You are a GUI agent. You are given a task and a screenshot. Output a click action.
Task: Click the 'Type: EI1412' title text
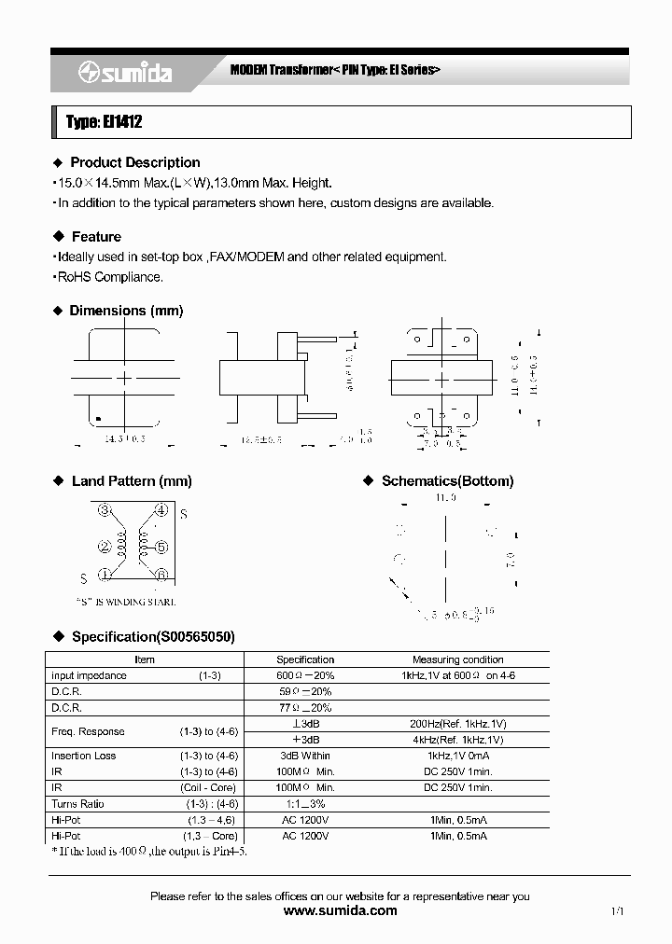pyautogui.click(x=105, y=122)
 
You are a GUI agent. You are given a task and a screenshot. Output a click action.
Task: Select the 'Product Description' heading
pyautogui.click(x=134, y=162)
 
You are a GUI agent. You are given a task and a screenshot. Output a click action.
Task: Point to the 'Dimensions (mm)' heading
pyautogui.click(x=126, y=311)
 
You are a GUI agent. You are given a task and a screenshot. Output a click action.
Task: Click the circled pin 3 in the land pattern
pyautogui.click(x=105, y=510)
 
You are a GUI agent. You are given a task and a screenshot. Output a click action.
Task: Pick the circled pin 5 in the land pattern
pyautogui.click(x=161, y=547)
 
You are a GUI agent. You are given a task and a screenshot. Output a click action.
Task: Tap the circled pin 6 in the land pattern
pyautogui.click(x=161, y=575)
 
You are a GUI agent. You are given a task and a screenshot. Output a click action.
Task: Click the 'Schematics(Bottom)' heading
pyautogui.click(x=447, y=481)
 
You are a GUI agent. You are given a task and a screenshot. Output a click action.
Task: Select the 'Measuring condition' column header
pyautogui.click(x=457, y=659)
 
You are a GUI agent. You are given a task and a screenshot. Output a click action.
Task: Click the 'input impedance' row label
pyautogui.click(x=89, y=675)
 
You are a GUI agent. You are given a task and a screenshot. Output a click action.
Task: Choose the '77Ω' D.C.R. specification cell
pyautogui.click(x=304, y=708)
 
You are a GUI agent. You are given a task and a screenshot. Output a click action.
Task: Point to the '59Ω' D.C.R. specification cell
pyautogui.click(x=304, y=692)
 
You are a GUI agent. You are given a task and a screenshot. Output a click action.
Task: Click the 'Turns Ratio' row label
pyautogui.click(x=77, y=804)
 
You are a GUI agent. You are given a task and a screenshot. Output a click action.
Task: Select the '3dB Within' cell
pyautogui.click(x=304, y=756)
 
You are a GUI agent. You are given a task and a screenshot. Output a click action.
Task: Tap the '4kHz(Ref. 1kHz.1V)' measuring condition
pyautogui.click(x=457, y=740)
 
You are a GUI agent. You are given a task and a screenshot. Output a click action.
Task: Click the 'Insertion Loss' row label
pyautogui.click(x=83, y=756)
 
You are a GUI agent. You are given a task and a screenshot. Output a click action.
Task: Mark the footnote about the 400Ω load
pyautogui.click(x=149, y=851)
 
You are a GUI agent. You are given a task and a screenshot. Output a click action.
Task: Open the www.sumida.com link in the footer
pyautogui.click(x=340, y=910)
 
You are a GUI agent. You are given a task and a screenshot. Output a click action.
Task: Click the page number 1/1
pyautogui.click(x=617, y=911)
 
